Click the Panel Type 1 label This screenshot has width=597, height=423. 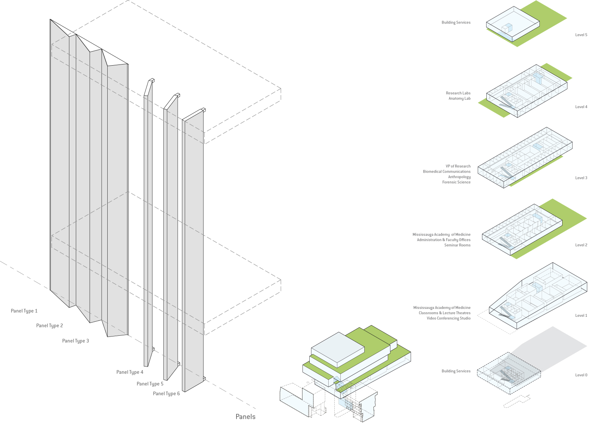tap(24, 311)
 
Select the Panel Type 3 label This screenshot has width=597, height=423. tap(75, 341)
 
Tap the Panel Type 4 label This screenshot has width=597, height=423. tap(130, 373)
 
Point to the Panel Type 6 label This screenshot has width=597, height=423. tap(166, 394)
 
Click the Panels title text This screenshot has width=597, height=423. tap(245, 417)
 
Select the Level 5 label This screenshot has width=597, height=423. tap(581, 35)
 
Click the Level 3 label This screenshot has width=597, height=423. tap(581, 178)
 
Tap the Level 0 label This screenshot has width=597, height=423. tap(581, 375)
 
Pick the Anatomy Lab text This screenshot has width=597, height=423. tap(459, 99)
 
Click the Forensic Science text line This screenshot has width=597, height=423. tap(456, 182)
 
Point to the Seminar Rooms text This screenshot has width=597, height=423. tap(457, 245)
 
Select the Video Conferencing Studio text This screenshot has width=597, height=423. tap(448, 319)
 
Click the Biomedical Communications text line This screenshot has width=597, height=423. tap(447, 172)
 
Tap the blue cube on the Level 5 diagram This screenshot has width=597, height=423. tap(507, 28)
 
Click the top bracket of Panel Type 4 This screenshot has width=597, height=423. tap(151, 80)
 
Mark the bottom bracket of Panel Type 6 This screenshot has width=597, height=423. tap(204, 378)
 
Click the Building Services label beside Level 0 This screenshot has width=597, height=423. tap(456, 371)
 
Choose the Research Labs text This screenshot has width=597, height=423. tap(458, 93)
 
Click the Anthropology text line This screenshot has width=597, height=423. tap(459, 177)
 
